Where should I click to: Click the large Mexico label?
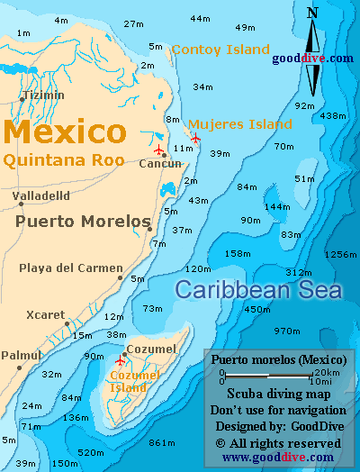click(x=64, y=132)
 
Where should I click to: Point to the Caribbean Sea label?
click(x=258, y=290)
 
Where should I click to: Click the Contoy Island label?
click(x=220, y=50)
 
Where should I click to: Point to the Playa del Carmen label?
click(x=70, y=268)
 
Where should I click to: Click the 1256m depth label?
click(x=340, y=255)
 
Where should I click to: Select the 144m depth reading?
click(x=276, y=206)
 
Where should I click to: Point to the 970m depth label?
click(x=286, y=331)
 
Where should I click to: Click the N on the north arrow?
click(x=312, y=13)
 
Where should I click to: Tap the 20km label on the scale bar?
click(x=328, y=372)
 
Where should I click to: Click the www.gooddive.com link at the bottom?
click(x=276, y=458)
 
